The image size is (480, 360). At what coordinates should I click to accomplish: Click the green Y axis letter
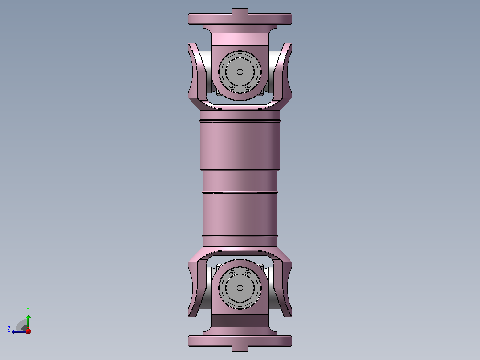(28, 310)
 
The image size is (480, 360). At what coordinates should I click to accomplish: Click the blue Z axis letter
(9, 329)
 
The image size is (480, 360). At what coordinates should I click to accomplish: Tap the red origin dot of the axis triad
(28, 331)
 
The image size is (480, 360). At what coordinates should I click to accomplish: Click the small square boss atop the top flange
(240, 13)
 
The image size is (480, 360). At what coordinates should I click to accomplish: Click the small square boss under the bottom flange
(240, 346)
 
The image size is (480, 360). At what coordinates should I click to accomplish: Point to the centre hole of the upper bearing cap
(240, 72)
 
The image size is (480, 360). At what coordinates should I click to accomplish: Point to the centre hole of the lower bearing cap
(240, 288)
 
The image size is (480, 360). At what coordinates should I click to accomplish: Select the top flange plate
(240, 19)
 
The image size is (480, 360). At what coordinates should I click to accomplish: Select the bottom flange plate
(240, 341)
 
